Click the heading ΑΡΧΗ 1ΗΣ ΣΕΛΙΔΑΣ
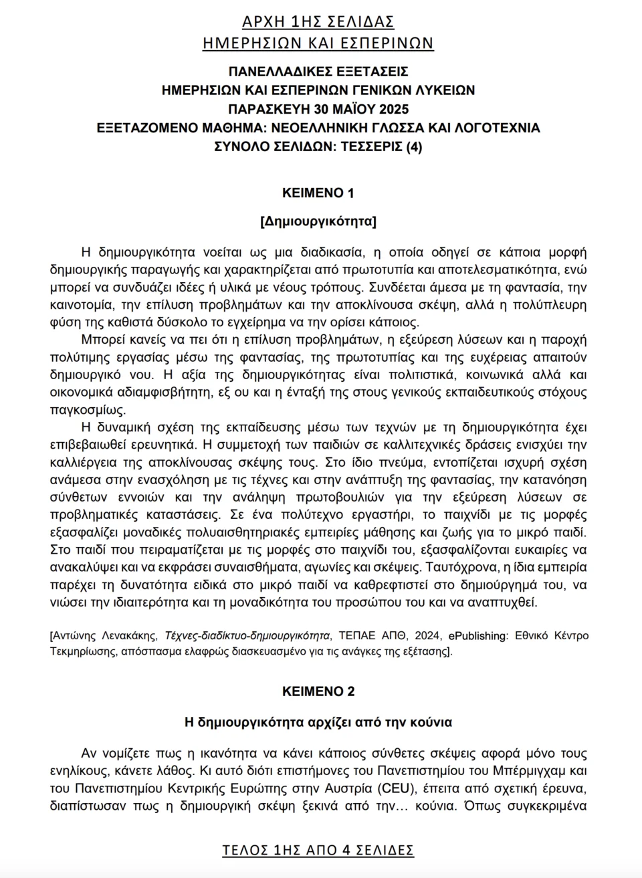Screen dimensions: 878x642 [318, 22]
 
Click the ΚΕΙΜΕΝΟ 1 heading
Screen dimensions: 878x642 [318, 193]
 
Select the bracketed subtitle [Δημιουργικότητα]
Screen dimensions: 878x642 [318, 221]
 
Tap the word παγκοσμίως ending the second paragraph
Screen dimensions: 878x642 [88, 409]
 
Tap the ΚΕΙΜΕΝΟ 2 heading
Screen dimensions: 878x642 [318, 691]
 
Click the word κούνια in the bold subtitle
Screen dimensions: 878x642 [433, 722]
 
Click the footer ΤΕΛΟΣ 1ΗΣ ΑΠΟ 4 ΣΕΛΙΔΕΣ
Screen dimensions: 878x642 [318, 850]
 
